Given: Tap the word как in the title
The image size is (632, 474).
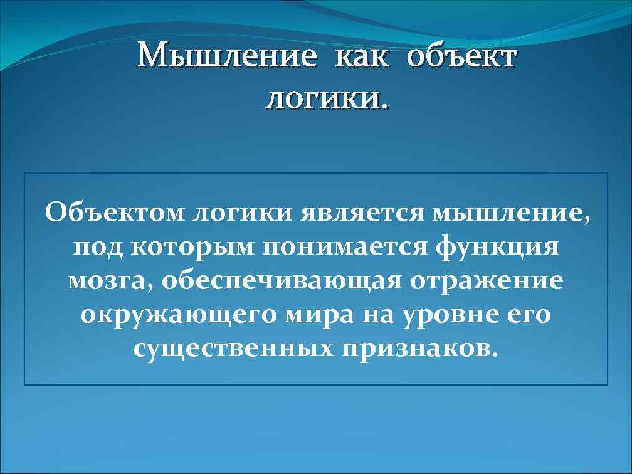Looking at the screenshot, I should click(363, 58).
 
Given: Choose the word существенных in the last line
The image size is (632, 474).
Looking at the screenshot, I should click(232, 348).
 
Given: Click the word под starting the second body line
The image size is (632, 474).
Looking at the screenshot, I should click(98, 248).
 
